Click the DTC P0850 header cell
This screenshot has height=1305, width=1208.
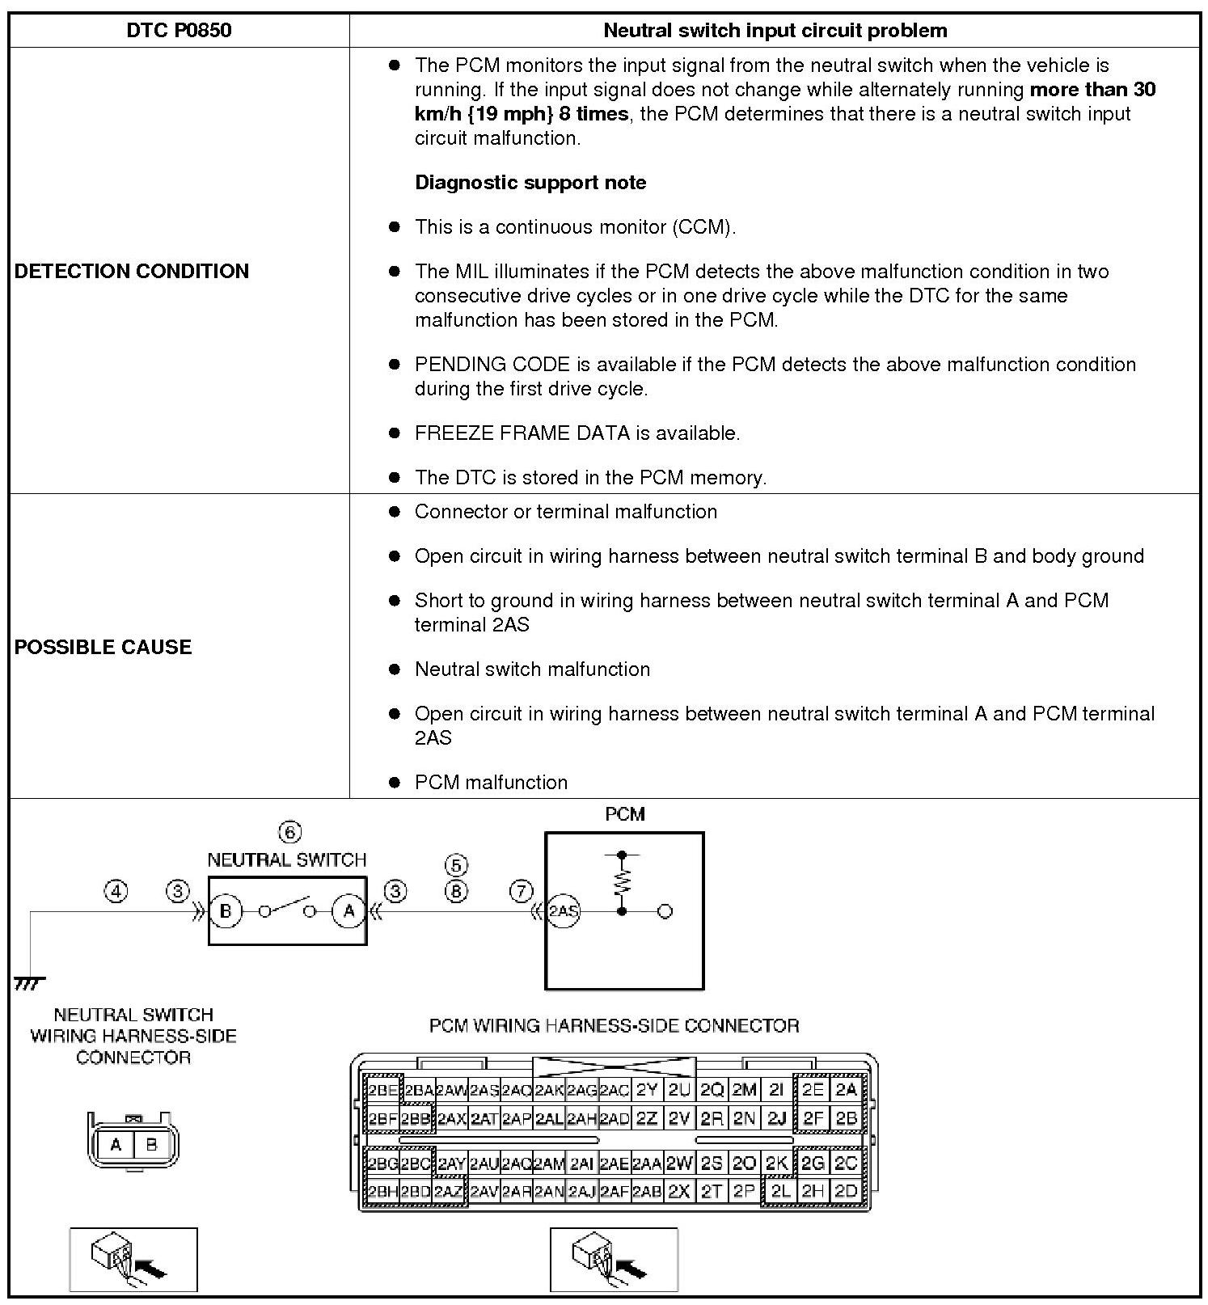coord(179,31)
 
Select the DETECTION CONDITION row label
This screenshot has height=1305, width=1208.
coord(132,271)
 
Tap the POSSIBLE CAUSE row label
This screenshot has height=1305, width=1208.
coord(103,647)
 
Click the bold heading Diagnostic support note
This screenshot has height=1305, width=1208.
coord(530,183)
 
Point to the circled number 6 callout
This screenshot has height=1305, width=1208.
coord(289,832)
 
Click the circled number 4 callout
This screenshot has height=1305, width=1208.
coord(116,891)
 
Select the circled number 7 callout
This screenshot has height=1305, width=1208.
coord(522,891)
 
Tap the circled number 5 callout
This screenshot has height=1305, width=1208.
coord(456,866)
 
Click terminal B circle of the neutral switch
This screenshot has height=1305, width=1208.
coord(226,911)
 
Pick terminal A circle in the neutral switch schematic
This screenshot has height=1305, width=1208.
coord(348,911)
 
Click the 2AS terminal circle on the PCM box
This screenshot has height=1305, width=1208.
coord(564,911)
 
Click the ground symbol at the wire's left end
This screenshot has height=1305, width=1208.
coord(30,982)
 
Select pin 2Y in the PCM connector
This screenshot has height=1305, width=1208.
coord(647,1090)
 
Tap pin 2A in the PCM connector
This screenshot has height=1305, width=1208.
coord(846,1090)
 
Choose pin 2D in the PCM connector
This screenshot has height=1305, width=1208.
coord(846,1191)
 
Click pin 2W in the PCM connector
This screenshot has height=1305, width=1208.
coord(679,1164)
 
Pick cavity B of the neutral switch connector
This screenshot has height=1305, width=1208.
coord(151,1145)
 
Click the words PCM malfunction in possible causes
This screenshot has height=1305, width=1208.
coord(491,783)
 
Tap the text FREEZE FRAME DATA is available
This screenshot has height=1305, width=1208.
coord(577,433)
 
